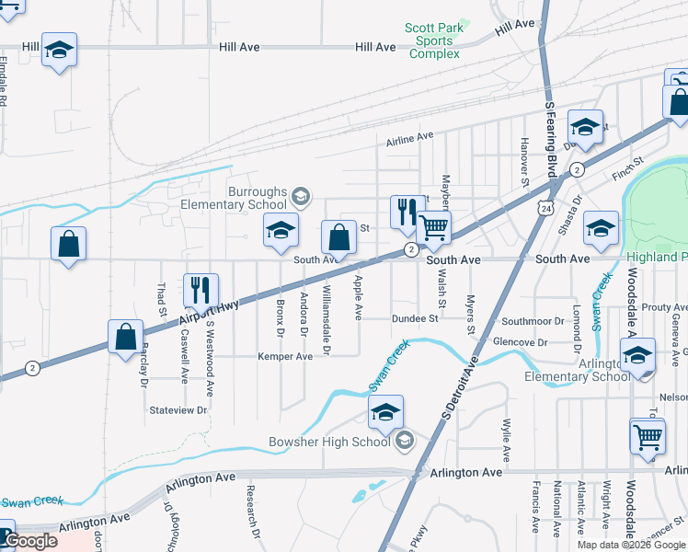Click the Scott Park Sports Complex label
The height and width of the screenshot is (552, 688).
(433, 40)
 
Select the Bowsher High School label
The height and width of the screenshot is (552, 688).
(329, 443)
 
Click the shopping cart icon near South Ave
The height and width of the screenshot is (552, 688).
(433, 226)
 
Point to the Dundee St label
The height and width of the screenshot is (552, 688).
(416, 319)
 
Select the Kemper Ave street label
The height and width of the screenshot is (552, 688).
(285, 356)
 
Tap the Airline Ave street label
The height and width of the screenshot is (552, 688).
(409, 137)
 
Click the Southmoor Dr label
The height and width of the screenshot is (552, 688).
(532, 321)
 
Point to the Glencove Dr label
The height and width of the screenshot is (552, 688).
(521, 342)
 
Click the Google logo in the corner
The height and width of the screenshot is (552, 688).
(29, 540)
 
